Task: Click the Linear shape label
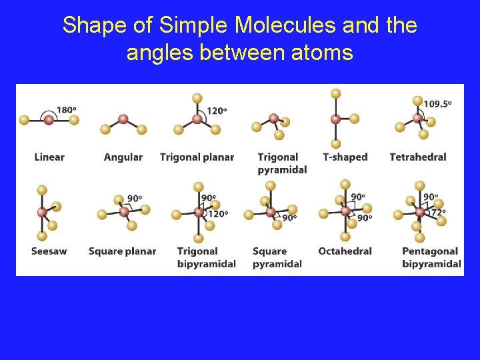pyautogui.click(x=49, y=157)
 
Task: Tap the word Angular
pyautogui.click(x=123, y=157)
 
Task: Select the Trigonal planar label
pyautogui.click(x=197, y=157)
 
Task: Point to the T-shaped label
pyautogui.click(x=345, y=157)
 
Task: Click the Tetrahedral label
pyautogui.click(x=418, y=157)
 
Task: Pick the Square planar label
pyautogui.click(x=122, y=251)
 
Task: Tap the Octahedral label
pyautogui.click(x=345, y=251)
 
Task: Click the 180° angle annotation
pyautogui.click(x=65, y=110)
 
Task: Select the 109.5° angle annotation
pyautogui.click(x=437, y=103)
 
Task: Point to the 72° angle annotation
pyautogui.click(x=438, y=213)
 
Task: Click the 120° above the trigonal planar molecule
pyautogui.click(x=216, y=111)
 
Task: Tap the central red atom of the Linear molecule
pyautogui.click(x=49, y=120)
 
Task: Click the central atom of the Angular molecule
pyautogui.click(x=123, y=119)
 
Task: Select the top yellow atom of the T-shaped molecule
pyautogui.click(x=336, y=93)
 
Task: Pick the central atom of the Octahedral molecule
pyautogui.click(x=345, y=211)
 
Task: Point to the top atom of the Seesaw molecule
pyautogui.click(x=42, y=190)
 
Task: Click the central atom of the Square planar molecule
pyautogui.click(x=124, y=211)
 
